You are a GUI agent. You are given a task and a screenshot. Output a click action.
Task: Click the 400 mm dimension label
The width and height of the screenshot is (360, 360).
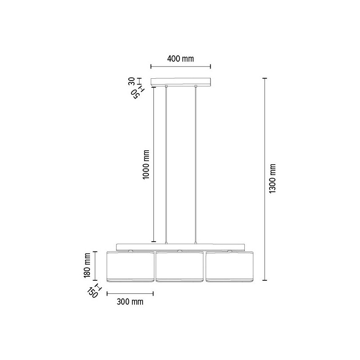[x=180, y=58]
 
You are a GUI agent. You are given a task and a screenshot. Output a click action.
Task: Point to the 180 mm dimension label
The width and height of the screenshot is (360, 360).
[x=88, y=265]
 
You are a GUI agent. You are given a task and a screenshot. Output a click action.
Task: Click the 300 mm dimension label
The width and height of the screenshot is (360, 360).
[x=130, y=302]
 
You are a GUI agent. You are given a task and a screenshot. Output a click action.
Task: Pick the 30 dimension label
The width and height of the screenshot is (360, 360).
[x=132, y=81]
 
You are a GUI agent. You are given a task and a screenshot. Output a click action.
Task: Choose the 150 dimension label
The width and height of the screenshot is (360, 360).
[x=93, y=293]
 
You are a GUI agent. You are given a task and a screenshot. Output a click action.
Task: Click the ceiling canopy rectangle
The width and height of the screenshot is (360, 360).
[x=180, y=82]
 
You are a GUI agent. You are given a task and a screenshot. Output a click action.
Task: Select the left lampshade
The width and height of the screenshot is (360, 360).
[x=130, y=267]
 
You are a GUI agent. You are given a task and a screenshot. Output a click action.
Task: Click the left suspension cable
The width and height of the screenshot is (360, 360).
[x=166, y=164]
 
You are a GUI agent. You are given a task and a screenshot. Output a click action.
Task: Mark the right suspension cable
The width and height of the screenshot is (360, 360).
[x=196, y=164]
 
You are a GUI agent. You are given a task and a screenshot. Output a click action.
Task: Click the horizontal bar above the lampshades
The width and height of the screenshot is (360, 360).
[x=180, y=247]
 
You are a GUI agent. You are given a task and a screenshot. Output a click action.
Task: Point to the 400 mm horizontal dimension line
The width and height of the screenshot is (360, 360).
[x=180, y=67]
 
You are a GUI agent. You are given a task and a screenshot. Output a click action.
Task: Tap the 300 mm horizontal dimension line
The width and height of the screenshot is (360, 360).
[x=130, y=294]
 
